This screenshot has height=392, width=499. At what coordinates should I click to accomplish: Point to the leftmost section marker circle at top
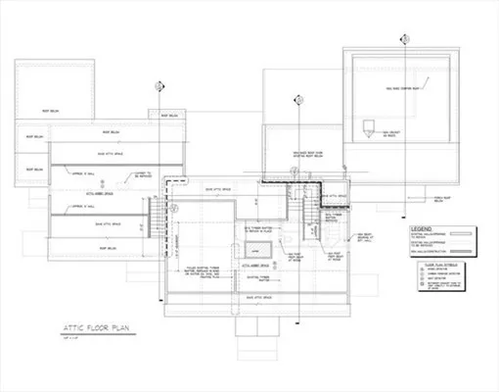coord(158,87)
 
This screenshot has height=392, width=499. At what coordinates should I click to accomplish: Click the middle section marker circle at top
coord(296,98)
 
